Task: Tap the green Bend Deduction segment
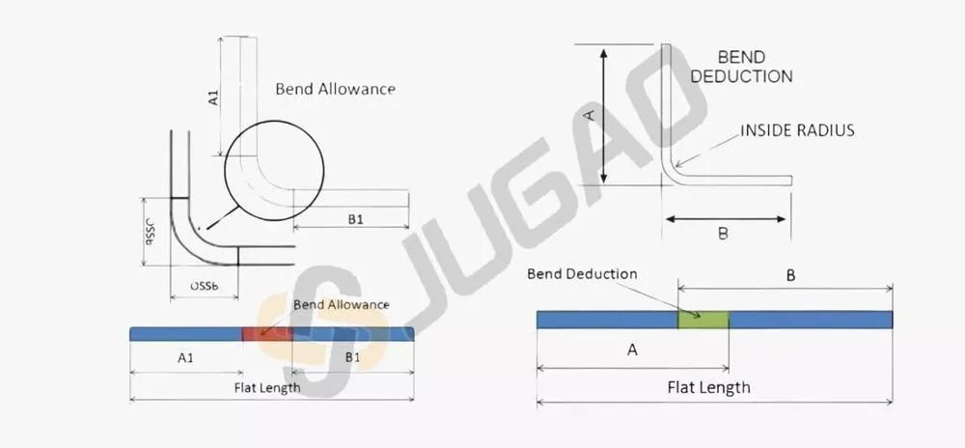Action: (703, 320)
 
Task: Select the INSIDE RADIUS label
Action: (797, 130)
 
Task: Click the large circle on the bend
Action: (274, 121)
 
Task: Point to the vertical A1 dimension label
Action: (213, 97)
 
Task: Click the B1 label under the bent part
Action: (355, 218)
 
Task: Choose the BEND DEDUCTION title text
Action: (741, 67)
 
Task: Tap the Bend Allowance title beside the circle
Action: (335, 89)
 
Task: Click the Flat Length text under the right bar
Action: (709, 388)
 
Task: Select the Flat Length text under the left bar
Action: (267, 388)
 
